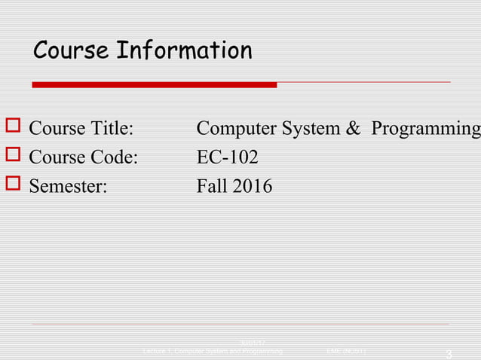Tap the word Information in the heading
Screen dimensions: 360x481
(183, 51)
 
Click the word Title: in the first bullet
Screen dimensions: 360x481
(112, 130)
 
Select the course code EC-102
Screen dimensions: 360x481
(227, 158)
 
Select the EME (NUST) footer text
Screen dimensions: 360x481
(347, 351)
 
